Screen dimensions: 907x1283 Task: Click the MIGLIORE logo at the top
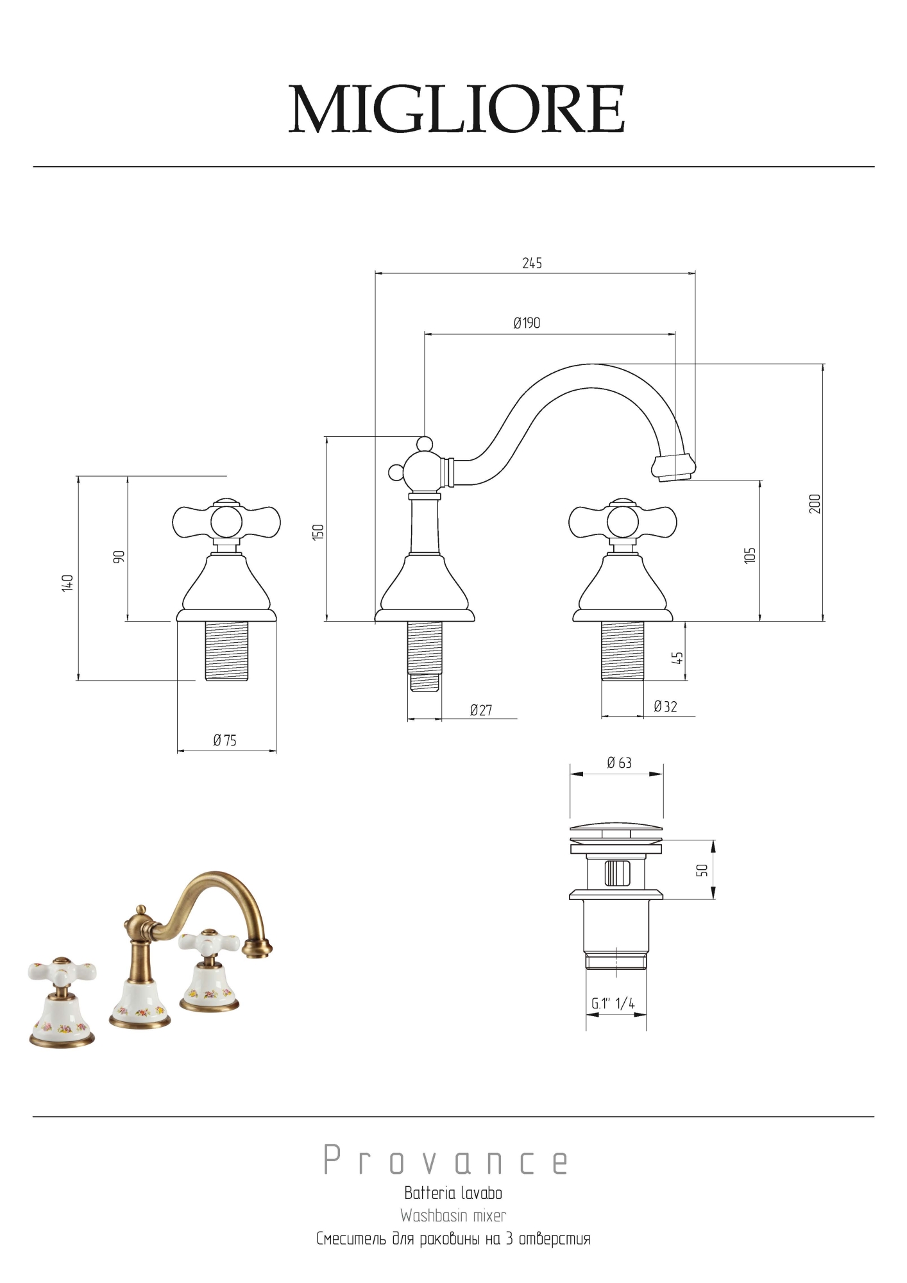[x=456, y=109]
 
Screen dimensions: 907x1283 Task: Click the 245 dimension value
[x=532, y=263]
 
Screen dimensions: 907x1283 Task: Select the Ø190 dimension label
[x=527, y=323]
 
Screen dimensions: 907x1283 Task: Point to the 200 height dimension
[x=815, y=504]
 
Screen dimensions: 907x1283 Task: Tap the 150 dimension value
[x=318, y=532]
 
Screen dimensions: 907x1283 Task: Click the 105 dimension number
[x=750, y=555]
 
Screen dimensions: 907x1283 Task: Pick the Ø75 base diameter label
[x=225, y=740]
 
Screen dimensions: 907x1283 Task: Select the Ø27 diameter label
[x=481, y=710]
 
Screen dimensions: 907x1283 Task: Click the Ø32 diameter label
[x=665, y=706]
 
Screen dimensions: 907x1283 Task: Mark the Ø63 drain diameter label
[x=619, y=762]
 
